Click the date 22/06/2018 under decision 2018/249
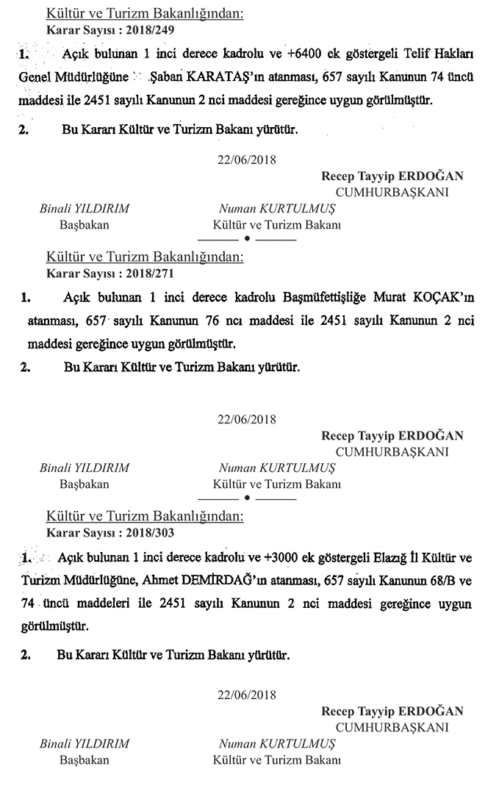[x=247, y=159]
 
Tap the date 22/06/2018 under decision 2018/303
[x=247, y=694]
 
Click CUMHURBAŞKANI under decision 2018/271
[x=392, y=452]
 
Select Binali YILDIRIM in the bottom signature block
[x=84, y=744]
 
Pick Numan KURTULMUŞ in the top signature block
[x=276, y=209]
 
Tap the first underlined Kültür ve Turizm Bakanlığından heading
[x=144, y=14]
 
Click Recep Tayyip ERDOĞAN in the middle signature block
[x=392, y=436]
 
